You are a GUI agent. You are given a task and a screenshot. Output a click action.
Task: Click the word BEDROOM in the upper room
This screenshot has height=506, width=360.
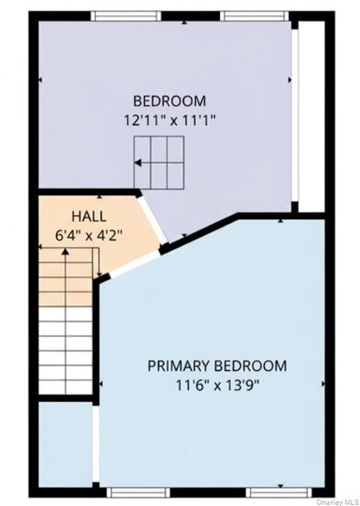170,100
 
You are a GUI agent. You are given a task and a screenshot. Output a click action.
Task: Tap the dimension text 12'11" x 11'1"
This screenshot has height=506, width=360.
170,120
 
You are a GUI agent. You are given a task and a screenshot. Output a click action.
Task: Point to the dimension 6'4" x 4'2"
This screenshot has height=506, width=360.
89,235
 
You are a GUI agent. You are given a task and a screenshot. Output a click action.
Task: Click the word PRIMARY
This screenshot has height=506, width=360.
179,366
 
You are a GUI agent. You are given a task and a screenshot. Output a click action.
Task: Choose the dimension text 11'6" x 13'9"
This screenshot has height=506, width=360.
216,384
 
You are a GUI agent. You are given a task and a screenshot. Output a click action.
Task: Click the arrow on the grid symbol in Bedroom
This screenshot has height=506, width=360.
139,163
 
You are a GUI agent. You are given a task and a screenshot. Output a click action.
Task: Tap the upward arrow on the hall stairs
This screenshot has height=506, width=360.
65,254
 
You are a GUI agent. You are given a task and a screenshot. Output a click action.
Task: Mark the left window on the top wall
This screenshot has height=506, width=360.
126,15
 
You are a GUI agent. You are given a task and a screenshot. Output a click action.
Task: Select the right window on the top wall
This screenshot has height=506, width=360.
254,15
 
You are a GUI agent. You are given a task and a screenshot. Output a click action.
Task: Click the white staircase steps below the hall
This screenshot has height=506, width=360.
65,351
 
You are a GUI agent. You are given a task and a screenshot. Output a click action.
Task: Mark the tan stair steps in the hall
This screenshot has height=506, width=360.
65,281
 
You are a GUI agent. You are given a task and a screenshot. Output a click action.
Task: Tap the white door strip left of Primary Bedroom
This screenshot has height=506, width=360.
96,445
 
